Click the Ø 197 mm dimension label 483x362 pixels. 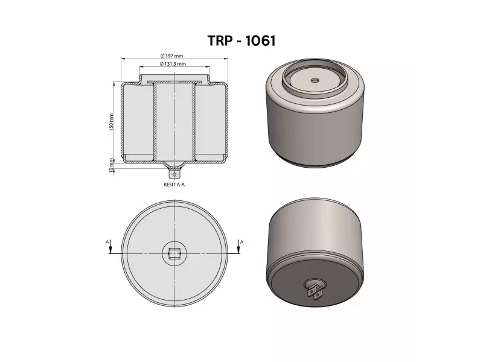tap(174, 56)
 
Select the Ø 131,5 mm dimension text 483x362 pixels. tap(174, 63)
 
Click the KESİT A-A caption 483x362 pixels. tap(174, 185)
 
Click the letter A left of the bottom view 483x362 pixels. tap(107, 241)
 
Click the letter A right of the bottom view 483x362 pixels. tap(241, 241)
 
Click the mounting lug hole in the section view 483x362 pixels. tap(175, 174)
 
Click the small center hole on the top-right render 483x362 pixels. tap(315, 80)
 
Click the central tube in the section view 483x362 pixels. tap(174, 121)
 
